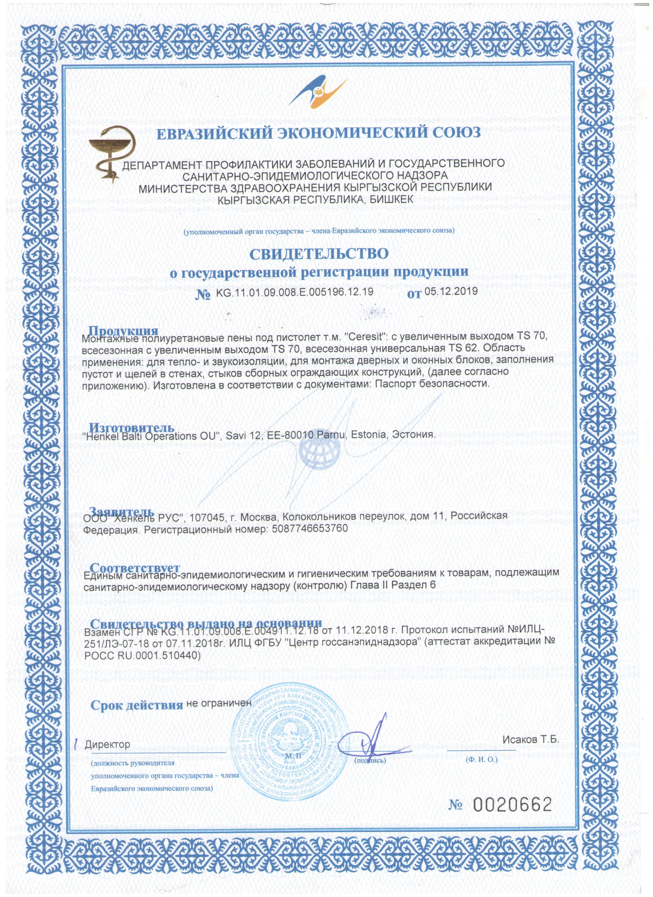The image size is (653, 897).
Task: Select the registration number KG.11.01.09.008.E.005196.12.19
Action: pyautogui.click(x=294, y=292)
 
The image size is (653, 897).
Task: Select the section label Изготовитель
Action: pyautogui.click(x=131, y=428)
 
